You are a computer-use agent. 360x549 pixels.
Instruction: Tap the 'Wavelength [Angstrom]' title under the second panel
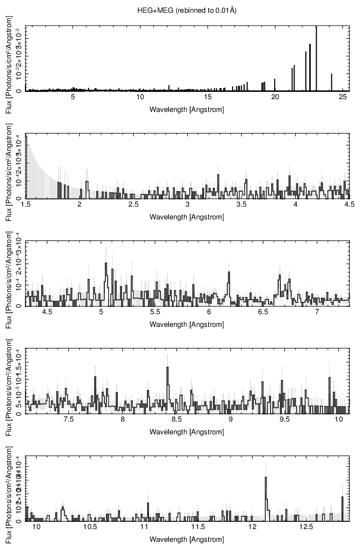[187, 217]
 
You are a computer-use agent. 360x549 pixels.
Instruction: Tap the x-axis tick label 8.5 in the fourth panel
[177, 420]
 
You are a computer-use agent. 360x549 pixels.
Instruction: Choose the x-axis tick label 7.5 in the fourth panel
[69, 420]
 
